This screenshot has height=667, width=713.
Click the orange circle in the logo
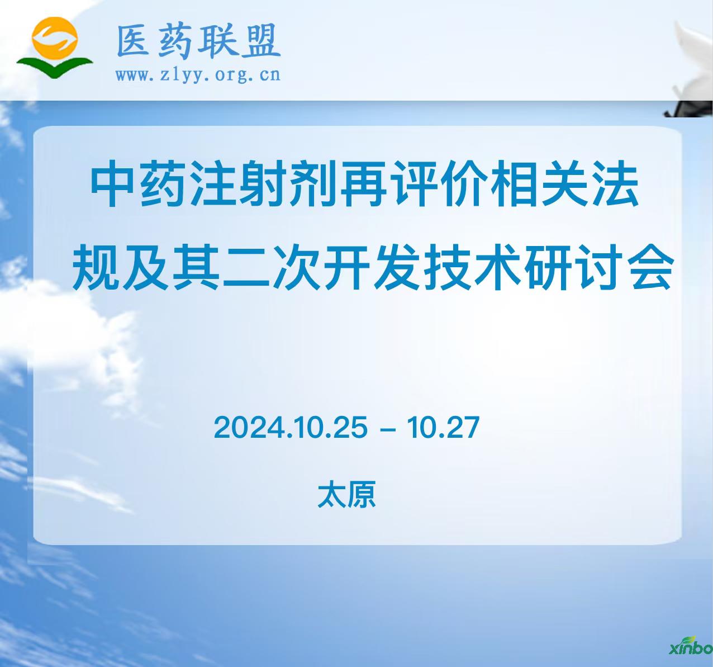point(55,40)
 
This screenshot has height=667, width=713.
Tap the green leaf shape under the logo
point(55,67)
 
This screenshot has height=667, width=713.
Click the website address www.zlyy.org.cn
point(198,75)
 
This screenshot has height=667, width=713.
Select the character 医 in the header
point(133,40)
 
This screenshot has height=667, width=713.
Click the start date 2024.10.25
point(291,427)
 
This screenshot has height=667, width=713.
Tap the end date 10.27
point(443,427)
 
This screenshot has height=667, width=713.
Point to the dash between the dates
point(388,429)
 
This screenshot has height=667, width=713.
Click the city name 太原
point(346,495)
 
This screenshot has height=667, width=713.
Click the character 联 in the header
point(218,40)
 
